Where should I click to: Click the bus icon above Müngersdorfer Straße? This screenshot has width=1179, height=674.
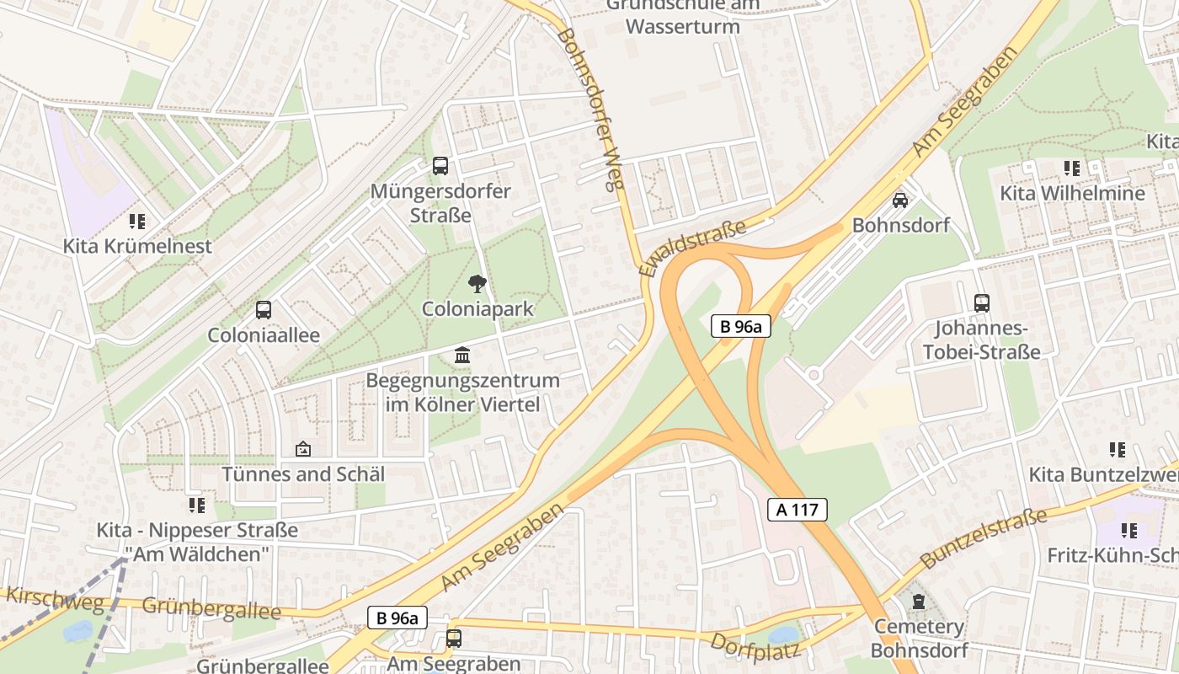(440, 166)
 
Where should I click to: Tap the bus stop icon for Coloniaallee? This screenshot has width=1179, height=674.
(264, 310)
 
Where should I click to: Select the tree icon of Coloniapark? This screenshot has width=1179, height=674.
(477, 283)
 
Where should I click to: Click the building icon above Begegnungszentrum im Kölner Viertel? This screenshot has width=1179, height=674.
(462, 355)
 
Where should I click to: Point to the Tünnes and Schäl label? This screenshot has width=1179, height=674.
(303, 474)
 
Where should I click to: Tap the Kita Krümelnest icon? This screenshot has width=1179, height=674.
(137, 222)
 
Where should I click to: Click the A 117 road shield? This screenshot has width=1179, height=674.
(798, 509)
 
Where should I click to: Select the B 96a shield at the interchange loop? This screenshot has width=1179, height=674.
(741, 327)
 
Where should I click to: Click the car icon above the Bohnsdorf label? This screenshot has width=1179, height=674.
(900, 201)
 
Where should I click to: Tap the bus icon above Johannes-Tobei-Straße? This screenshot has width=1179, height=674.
(981, 303)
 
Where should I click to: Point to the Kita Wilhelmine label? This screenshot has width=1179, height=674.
(1072, 194)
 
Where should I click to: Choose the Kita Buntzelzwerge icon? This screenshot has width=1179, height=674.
(1118, 450)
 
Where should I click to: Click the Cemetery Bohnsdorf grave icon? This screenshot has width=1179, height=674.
(918, 602)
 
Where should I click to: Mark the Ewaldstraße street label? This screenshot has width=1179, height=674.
(693, 249)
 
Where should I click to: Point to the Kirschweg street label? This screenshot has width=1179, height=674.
(55, 599)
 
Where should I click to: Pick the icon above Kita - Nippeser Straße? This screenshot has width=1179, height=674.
(197, 505)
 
